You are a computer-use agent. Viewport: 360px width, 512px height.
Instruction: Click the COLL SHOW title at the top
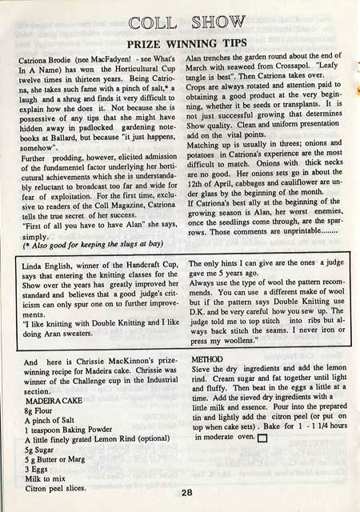point(180,19)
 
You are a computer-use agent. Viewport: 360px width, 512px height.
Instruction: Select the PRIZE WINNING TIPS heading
point(180,42)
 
